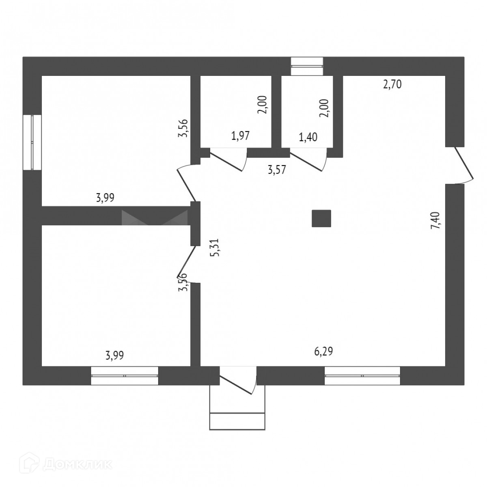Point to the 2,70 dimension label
pyautogui.click(x=392, y=85)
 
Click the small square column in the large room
pyautogui.click(x=321, y=218)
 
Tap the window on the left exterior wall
pyautogui.click(x=32, y=142)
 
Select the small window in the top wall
pyautogui.click(x=307, y=66)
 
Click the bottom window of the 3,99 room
pyautogui.click(x=124, y=376)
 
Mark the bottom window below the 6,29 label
pyautogui.click(x=362, y=376)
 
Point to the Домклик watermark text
pyautogui.click(x=77, y=464)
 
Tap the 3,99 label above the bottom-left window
pyautogui.click(x=114, y=356)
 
